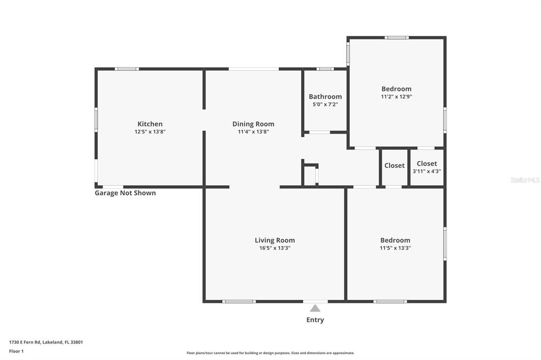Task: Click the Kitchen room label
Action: tap(150, 124)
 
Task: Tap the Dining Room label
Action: tap(253, 124)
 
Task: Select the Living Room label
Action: tap(275, 240)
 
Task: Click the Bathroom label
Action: tap(325, 97)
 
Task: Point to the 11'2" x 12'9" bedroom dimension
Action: tap(396, 97)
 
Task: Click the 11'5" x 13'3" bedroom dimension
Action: tap(395, 248)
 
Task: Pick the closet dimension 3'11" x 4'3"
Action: tap(427, 172)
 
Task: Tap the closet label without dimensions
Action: tap(394, 166)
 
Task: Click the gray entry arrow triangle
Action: tap(315, 308)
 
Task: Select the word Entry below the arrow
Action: tap(315, 320)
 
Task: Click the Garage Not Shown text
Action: tap(125, 193)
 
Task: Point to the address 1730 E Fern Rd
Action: tap(25, 343)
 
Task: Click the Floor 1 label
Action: tap(16, 352)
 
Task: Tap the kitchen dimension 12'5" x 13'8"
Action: tap(150, 132)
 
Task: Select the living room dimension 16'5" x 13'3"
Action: tap(275, 248)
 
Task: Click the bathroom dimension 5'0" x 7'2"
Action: tap(325, 105)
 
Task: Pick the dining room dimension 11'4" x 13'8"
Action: tap(253, 132)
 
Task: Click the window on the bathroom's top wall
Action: tap(325, 69)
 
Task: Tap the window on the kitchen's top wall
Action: tap(127, 69)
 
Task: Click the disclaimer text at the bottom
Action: tap(270, 353)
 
